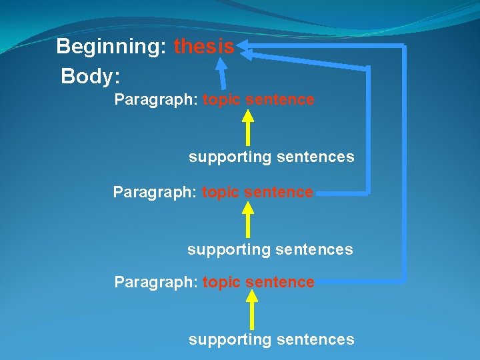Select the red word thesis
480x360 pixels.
pos(204,47)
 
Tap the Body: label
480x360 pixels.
pos(90,76)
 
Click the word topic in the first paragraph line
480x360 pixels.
pos(222,100)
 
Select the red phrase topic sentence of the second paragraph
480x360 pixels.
pos(257,193)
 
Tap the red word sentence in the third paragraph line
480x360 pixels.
pos(280,283)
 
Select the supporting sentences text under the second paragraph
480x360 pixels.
pos(270,250)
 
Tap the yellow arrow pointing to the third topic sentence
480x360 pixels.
pos(251,311)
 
